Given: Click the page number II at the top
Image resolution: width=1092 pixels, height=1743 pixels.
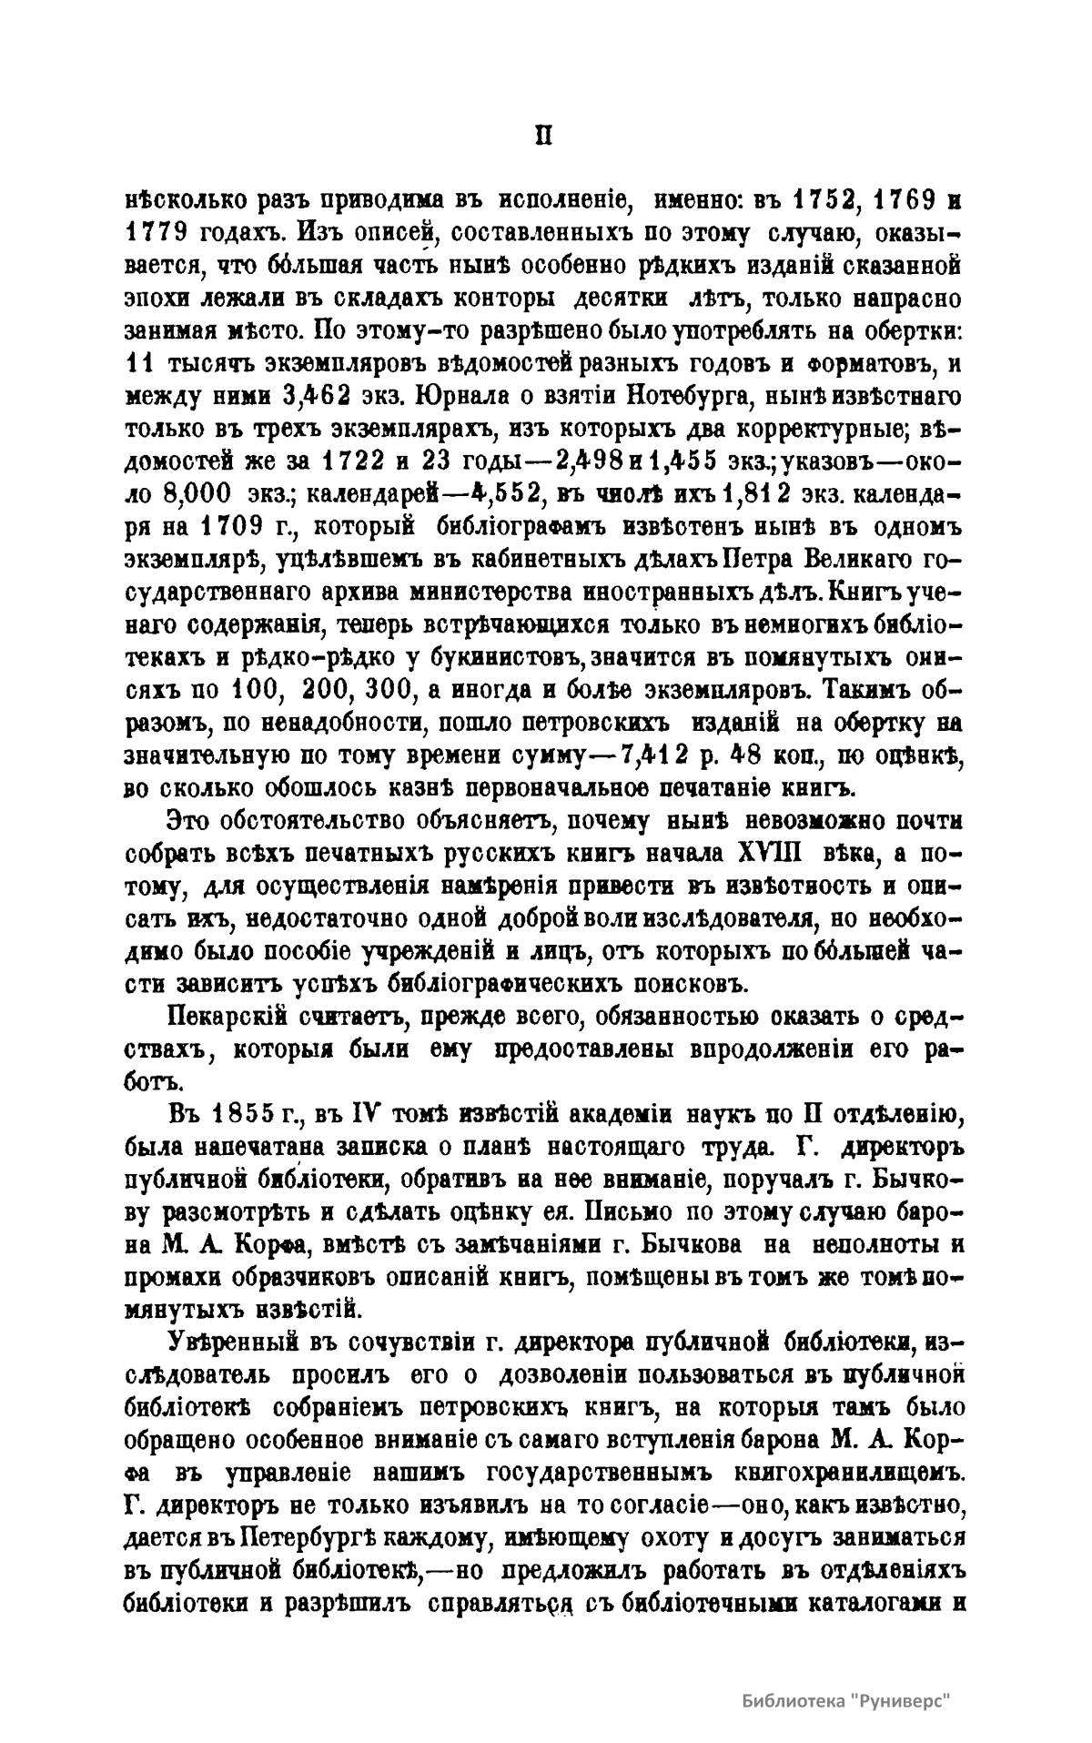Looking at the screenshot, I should pos(543,136).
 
